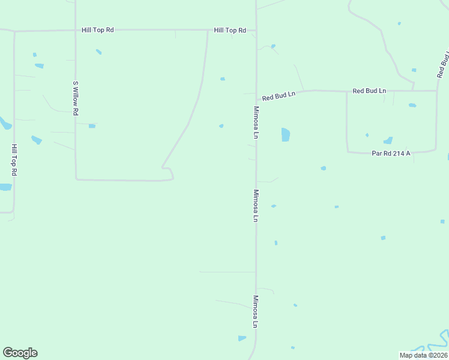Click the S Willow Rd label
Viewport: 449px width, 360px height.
click(x=76, y=98)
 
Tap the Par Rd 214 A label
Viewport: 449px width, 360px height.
click(x=391, y=154)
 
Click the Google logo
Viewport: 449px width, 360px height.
click(x=20, y=353)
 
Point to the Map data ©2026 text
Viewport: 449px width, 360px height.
click(x=423, y=355)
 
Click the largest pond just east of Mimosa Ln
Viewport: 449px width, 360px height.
click(x=285, y=135)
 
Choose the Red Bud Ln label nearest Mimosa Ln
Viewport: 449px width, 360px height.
click(x=279, y=96)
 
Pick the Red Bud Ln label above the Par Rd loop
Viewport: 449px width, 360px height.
click(x=369, y=91)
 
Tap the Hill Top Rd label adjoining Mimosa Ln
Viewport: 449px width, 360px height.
click(x=230, y=30)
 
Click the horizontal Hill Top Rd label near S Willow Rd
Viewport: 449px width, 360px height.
click(x=98, y=29)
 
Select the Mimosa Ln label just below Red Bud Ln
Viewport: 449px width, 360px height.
click(x=256, y=123)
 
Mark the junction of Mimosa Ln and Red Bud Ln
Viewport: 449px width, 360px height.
click(x=256, y=100)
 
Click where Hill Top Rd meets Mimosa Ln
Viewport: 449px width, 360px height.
click(x=256, y=30)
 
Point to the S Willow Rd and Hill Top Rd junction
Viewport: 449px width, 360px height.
click(x=75, y=29)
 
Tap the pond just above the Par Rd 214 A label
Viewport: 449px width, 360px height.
click(x=388, y=141)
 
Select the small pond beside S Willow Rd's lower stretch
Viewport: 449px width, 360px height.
click(x=92, y=126)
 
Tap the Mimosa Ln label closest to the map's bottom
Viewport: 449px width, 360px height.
click(x=255, y=311)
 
